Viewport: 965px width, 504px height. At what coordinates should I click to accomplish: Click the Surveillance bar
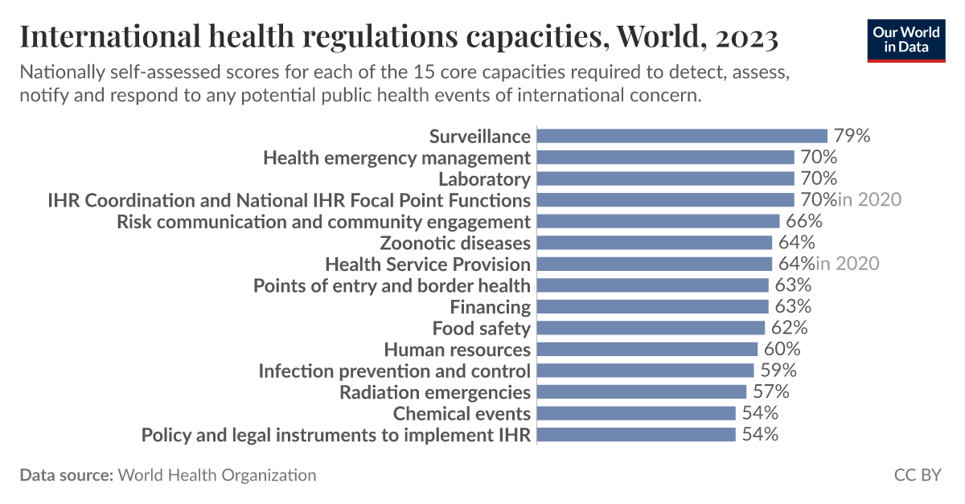point(681,136)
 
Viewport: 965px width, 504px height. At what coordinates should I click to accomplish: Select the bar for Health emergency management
point(665,158)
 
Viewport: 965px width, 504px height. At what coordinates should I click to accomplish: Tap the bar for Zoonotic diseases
point(654,243)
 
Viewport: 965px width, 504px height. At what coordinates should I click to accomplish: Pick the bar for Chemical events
point(635,413)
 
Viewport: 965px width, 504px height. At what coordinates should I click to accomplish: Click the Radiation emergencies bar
point(641,392)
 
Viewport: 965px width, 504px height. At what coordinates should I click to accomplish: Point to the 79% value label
point(852,136)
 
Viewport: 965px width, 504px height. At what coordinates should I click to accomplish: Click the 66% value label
point(803,221)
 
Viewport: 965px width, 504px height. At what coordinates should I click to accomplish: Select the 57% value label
point(770,392)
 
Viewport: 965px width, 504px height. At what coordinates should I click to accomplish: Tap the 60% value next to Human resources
point(782,350)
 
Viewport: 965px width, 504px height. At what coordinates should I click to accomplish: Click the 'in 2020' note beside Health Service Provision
point(848,264)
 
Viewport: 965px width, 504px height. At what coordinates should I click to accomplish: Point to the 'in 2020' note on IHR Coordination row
point(869,200)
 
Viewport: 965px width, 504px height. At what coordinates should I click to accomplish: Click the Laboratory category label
point(484,178)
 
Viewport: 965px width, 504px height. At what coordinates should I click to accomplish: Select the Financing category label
point(490,307)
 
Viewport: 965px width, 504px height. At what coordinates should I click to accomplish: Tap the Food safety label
point(481,328)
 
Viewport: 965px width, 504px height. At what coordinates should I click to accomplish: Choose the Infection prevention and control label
point(394,371)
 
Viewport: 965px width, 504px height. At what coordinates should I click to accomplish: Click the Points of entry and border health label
point(392,285)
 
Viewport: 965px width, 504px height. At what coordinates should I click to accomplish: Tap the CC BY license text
point(917,475)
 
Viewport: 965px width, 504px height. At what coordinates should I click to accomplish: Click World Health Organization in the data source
point(217,475)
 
